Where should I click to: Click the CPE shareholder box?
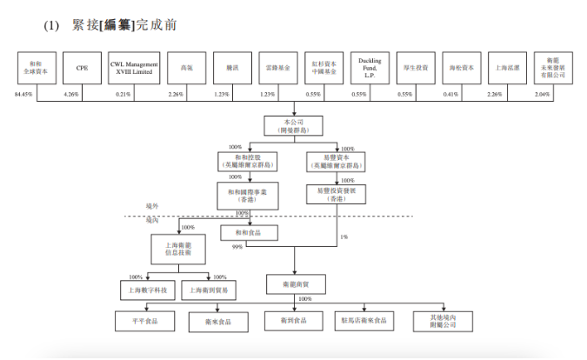(83, 68)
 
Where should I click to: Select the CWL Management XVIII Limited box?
(135, 68)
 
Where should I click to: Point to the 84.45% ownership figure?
(23, 94)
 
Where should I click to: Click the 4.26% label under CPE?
(71, 94)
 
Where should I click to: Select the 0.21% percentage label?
(123, 94)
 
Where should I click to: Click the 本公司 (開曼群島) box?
(293, 124)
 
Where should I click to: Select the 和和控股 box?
(246, 161)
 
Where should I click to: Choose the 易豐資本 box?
(335, 161)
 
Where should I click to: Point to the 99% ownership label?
(237, 247)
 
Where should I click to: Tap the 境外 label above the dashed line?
(154, 206)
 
